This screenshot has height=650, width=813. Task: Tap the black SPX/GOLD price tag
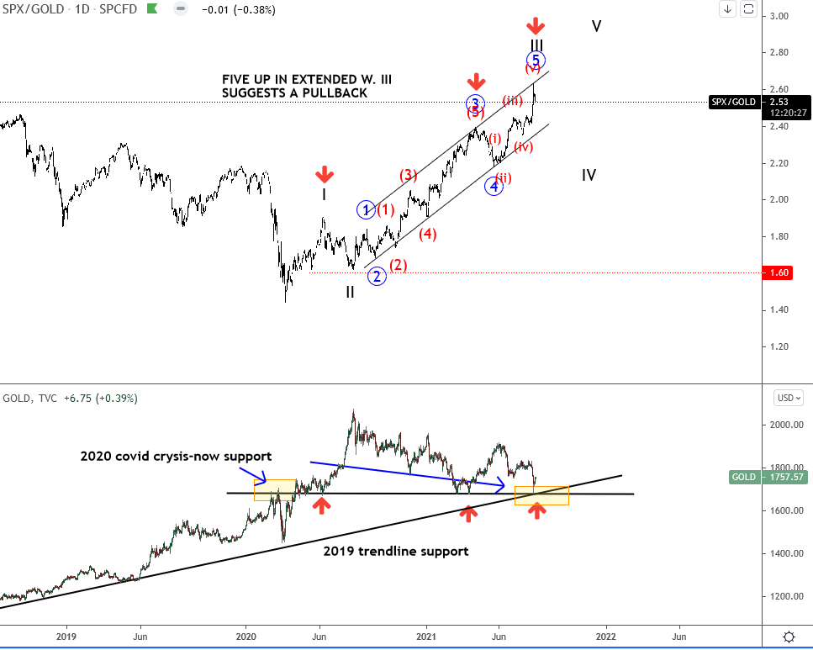731,102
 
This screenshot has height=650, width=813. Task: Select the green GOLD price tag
744,477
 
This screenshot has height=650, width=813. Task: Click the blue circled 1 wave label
367,209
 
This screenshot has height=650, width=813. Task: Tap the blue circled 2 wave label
376,275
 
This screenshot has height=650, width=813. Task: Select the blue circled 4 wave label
494,187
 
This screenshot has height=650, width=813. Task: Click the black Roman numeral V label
596,26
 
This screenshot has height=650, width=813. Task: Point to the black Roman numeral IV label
589,175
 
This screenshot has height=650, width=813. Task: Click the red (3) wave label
408,175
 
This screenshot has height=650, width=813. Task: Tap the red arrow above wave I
324,174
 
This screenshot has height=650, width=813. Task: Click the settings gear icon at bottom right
789,637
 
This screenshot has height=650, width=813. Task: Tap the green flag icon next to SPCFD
151,9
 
